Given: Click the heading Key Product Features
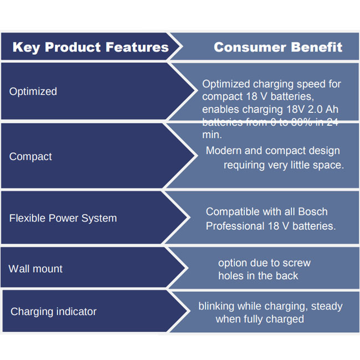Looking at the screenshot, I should point(90,47).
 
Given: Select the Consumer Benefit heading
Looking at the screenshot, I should point(278,47).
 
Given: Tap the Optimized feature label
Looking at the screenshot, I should point(33,91).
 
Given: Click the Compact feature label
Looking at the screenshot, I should point(30,157).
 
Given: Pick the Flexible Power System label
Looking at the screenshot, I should point(63,218).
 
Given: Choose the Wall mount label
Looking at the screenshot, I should point(35,269).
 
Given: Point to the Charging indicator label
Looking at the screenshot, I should point(53,312).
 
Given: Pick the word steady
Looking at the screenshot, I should point(326,306).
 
